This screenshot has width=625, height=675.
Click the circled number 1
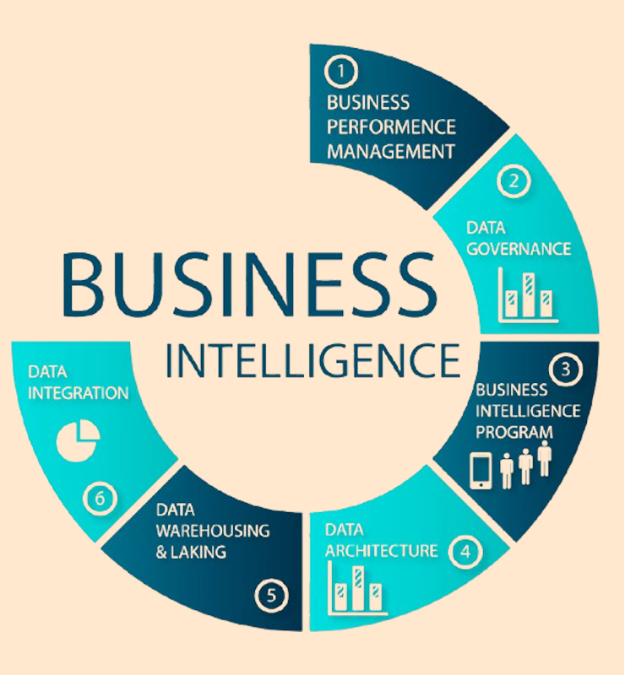click(x=341, y=71)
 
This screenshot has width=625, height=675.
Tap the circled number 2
click(x=514, y=181)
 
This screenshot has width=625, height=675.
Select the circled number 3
click(x=566, y=370)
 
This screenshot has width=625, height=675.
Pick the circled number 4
click(x=465, y=552)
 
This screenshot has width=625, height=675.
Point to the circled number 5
click(x=271, y=596)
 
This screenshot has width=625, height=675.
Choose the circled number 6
click(x=100, y=499)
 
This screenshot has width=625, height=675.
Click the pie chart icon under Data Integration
click(x=78, y=440)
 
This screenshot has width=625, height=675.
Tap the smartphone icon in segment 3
click(x=481, y=471)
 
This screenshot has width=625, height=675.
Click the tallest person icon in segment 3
click(x=545, y=458)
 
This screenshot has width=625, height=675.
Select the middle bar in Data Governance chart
click(x=529, y=294)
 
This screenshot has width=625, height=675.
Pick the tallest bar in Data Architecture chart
click(x=358, y=588)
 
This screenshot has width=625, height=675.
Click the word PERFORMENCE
click(x=391, y=127)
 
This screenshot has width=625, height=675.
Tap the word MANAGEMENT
click(x=391, y=152)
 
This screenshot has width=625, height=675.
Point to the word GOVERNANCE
click(x=519, y=249)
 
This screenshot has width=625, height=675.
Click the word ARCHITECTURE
click(x=382, y=551)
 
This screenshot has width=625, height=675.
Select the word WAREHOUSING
click(x=213, y=531)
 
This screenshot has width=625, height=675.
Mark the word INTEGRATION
click(x=78, y=393)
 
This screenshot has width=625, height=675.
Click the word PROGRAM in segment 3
click(x=514, y=432)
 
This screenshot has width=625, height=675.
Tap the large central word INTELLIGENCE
click(x=313, y=361)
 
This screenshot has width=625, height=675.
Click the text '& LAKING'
click(x=191, y=552)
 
